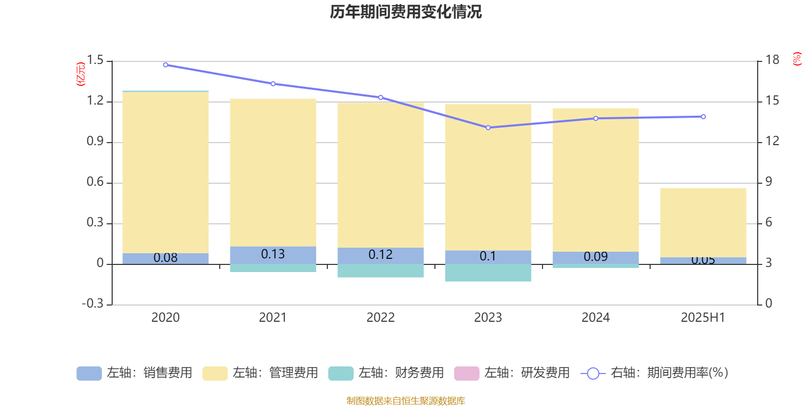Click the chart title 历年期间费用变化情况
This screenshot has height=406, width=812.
(x=405, y=12)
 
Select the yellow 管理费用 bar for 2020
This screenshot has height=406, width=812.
(x=165, y=173)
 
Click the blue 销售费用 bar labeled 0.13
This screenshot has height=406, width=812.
(x=273, y=255)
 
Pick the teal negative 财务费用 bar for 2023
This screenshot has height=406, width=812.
(x=488, y=273)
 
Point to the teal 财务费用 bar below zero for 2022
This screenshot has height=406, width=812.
(x=381, y=271)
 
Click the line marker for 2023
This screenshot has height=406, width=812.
(x=488, y=127)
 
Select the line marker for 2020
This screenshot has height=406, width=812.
(x=165, y=65)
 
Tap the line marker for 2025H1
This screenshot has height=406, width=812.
(x=703, y=117)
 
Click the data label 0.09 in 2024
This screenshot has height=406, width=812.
(x=595, y=257)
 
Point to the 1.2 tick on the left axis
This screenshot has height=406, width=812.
(x=95, y=101)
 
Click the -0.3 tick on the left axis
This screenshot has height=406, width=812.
(x=92, y=303)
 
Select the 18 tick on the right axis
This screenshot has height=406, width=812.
(x=772, y=60)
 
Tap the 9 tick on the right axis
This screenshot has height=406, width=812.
(x=768, y=182)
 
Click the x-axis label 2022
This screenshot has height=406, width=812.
(x=381, y=318)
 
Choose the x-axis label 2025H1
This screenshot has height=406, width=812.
(x=703, y=318)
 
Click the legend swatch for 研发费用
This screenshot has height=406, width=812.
(x=466, y=373)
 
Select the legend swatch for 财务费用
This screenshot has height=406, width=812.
(x=341, y=373)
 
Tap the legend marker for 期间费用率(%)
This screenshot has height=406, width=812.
(x=593, y=374)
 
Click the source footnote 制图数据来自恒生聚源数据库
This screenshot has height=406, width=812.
(x=405, y=401)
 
